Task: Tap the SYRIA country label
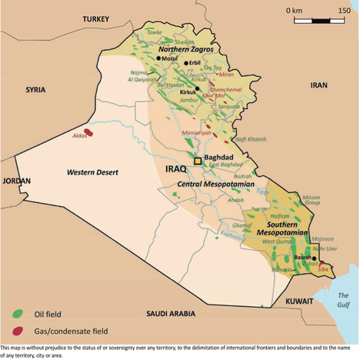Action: [35, 89]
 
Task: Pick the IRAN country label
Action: [318, 85]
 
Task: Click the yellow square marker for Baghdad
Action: [198, 162]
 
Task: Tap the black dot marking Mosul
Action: [158, 58]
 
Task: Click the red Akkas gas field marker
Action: [88, 132]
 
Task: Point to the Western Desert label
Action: [92, 172]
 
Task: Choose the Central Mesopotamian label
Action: [212, 185]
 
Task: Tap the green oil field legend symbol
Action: [17, 314]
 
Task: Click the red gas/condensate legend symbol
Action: [17, 331]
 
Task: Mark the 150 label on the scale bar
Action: [345, 11]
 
